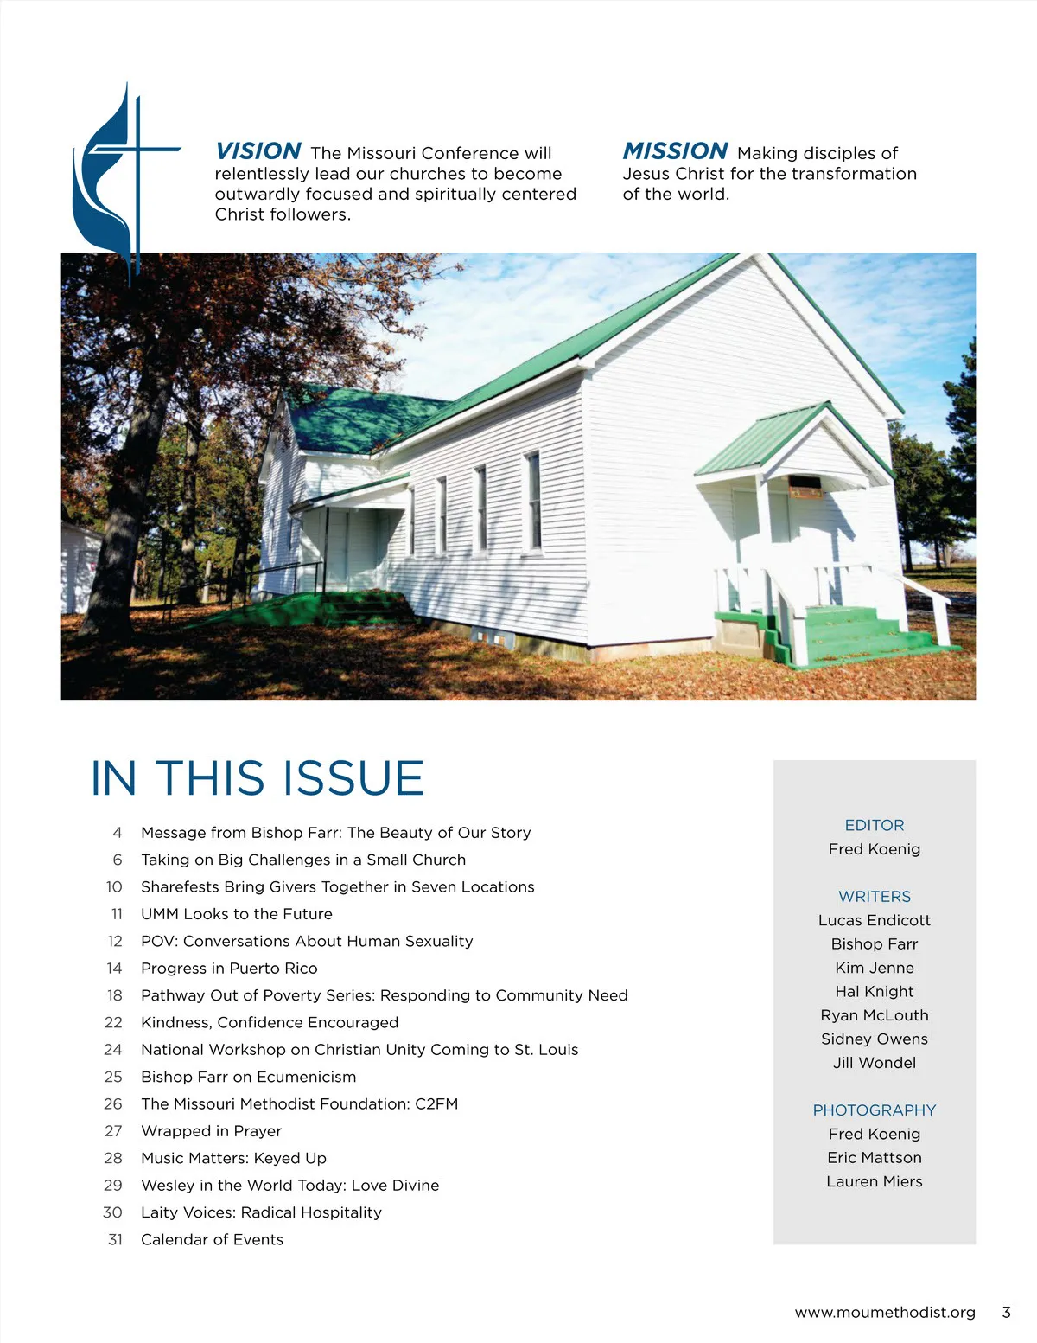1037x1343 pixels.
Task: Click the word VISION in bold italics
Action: point(258,152)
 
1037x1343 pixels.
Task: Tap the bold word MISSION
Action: point(675,152)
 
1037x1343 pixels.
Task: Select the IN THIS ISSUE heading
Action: point(258,778)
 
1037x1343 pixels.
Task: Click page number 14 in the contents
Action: point(114,969)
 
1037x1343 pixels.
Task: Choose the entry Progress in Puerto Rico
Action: point(229,969)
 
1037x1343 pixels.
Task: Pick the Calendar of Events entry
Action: point(212,1239)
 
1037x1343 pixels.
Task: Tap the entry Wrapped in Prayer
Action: point(211,1131)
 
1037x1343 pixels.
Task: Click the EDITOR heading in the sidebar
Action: point(874,825)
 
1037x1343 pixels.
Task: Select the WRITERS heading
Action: point(874,897)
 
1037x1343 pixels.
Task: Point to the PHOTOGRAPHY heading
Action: point(874,1110)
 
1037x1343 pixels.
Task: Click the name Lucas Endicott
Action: point(874,920)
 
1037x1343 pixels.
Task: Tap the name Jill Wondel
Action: point(874,1063)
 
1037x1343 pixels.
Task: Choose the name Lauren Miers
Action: point(874,1181)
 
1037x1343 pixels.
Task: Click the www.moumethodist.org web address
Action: point(884,1313)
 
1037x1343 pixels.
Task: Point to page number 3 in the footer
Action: point(1006,1313)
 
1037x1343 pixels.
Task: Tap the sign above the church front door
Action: point(804,487)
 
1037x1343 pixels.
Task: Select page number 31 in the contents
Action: point(115,1239)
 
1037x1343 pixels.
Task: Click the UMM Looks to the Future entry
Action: point(236,914)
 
